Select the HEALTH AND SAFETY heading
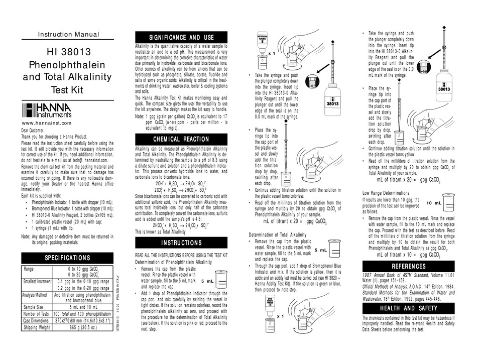pos(409,308)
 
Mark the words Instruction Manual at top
pos(69,35)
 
